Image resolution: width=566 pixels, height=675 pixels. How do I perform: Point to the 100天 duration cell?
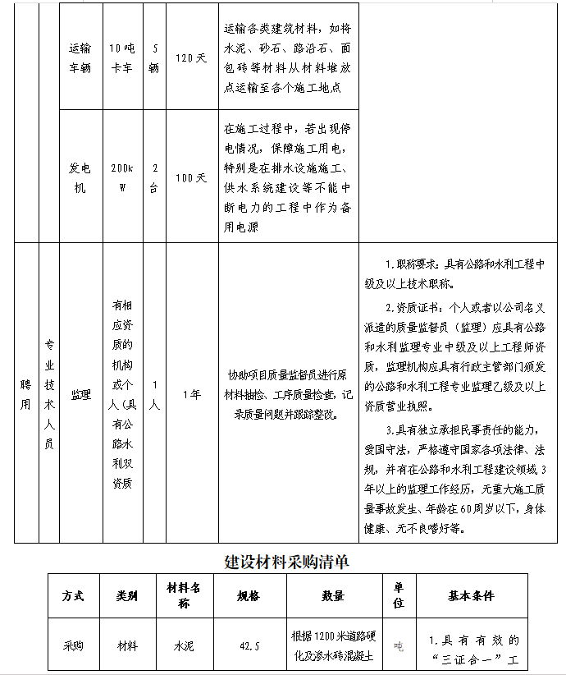pyautogui.click(x=191, y=177)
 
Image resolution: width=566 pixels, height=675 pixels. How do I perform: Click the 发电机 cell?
pyautogui.click(x=80, y=177)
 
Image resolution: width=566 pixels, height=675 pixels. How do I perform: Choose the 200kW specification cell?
pyautogui.click(x=121, y=177)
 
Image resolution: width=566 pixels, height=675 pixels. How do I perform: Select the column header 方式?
pyautogui.click(x=73, y=596)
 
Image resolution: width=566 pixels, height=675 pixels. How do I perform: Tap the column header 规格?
pyautogui.click(x=249, y=596)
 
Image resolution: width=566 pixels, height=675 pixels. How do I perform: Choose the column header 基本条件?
pyautogui.click(x=472, y=596)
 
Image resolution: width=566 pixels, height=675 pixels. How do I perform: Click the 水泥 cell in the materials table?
pyautogui.click(x=184, y=646)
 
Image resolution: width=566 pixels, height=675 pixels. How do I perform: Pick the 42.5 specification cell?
pyautogui.click(x=249, y=646)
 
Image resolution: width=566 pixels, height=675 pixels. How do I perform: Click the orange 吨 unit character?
pyautogui.click(x=399, y=646)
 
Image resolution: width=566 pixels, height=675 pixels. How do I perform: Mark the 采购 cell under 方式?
pyautogui.click(x=73, y=646)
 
